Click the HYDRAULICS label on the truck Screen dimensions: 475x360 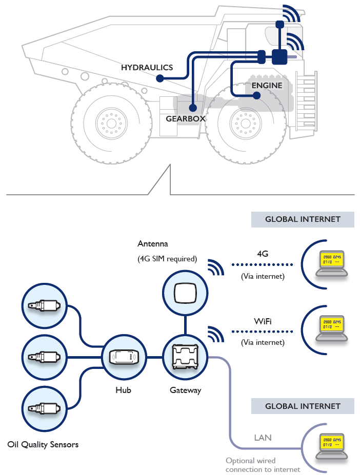[147, 67]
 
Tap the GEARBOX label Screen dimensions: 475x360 [186, 118]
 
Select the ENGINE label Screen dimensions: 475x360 [267, 85]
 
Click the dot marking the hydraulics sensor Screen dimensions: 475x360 [159, 78]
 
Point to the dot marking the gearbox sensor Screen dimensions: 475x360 [193, 108]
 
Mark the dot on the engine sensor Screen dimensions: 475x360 [257, 95]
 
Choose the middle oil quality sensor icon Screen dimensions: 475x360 [45, 357]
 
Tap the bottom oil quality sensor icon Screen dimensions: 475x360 [45, 408]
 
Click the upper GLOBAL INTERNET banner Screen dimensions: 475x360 [303, 219]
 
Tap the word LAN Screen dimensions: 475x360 [263, 438]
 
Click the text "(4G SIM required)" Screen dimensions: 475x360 [167, 259]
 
